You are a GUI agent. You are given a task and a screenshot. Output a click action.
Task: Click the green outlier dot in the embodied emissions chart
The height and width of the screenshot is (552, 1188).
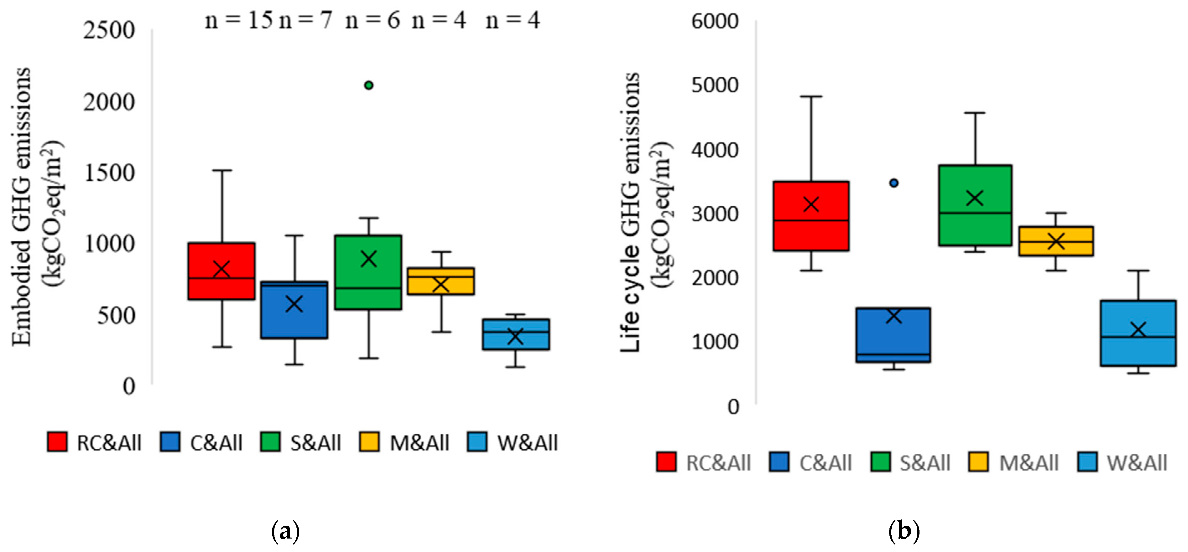click(368, 85)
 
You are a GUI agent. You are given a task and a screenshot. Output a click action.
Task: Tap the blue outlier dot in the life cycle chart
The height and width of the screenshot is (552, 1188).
click(894, 183)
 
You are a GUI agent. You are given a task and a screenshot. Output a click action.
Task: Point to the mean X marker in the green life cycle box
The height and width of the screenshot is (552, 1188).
click(975, 198)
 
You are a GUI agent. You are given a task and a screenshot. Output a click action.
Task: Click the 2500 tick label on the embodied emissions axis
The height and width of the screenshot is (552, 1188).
click(109, 31)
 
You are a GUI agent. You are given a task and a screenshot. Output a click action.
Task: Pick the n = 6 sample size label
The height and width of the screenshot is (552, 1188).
click(373, 21)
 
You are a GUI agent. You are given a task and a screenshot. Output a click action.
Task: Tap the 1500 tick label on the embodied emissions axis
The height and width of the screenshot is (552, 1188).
click(109, 173)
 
